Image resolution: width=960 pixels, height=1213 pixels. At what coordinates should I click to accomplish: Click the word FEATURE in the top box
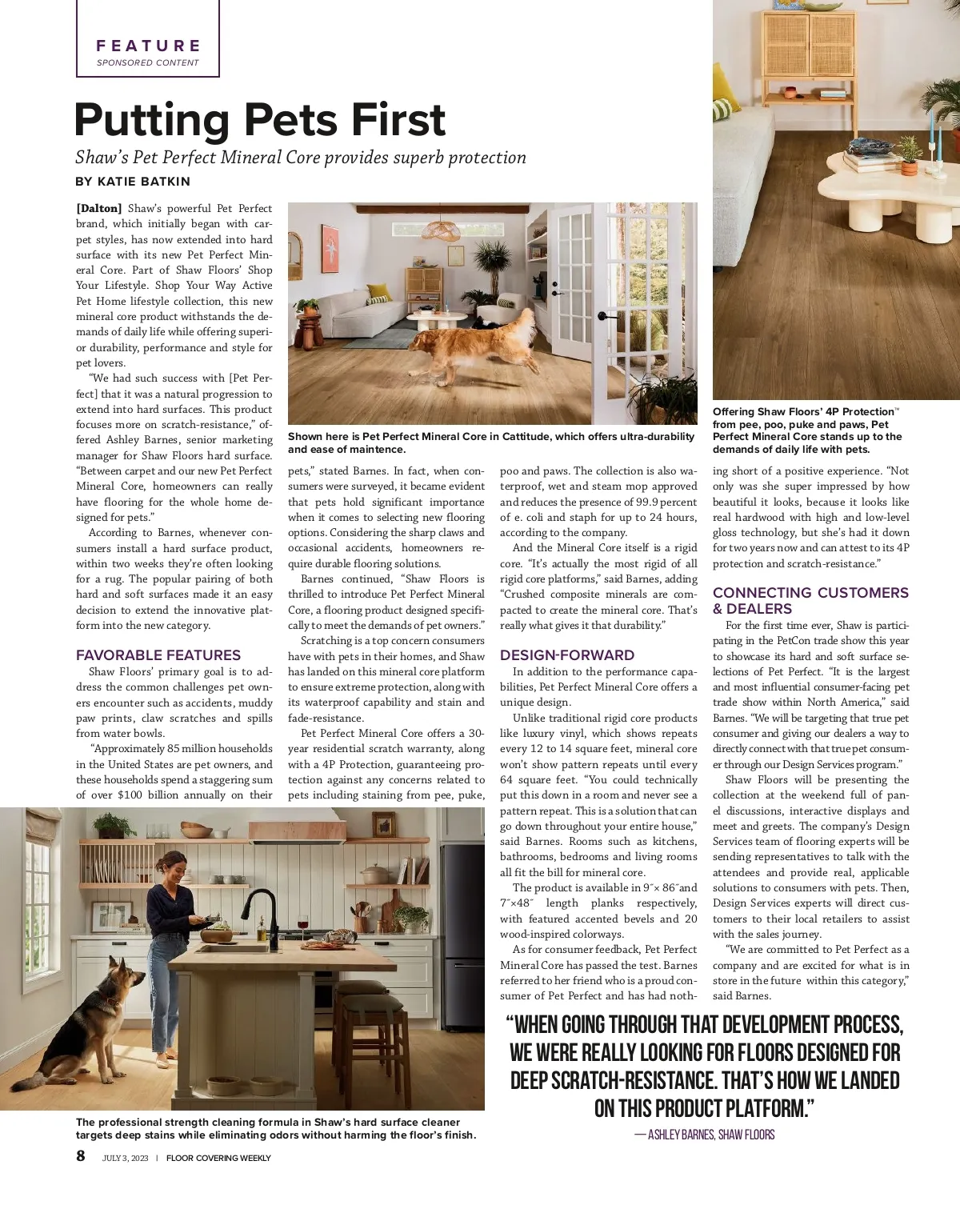(148, 46)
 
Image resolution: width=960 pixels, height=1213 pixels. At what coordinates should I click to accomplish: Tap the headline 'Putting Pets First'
(259, 120)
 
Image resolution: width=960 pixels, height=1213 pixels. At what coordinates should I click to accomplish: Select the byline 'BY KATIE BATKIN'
(133, 182)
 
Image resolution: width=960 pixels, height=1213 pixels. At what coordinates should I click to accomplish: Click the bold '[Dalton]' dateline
(99, 209)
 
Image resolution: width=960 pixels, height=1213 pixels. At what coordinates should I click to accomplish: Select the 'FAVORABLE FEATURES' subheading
(158, 655)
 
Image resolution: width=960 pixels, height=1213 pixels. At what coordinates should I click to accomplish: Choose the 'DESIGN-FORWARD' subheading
(567, 655)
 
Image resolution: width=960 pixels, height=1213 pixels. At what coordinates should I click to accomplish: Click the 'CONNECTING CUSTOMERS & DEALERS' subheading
(810, 600)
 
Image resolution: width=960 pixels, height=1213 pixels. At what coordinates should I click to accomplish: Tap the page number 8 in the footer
(81, 1155)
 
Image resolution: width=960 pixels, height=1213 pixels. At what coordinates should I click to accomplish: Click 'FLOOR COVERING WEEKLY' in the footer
(218, 1158)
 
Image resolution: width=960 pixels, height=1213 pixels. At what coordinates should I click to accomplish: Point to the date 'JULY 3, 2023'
(126, 1158)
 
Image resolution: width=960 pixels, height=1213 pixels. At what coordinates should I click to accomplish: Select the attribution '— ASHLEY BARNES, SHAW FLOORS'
(705, 1135)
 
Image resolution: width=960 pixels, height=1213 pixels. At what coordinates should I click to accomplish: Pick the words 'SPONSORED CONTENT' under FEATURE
(148, 62)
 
